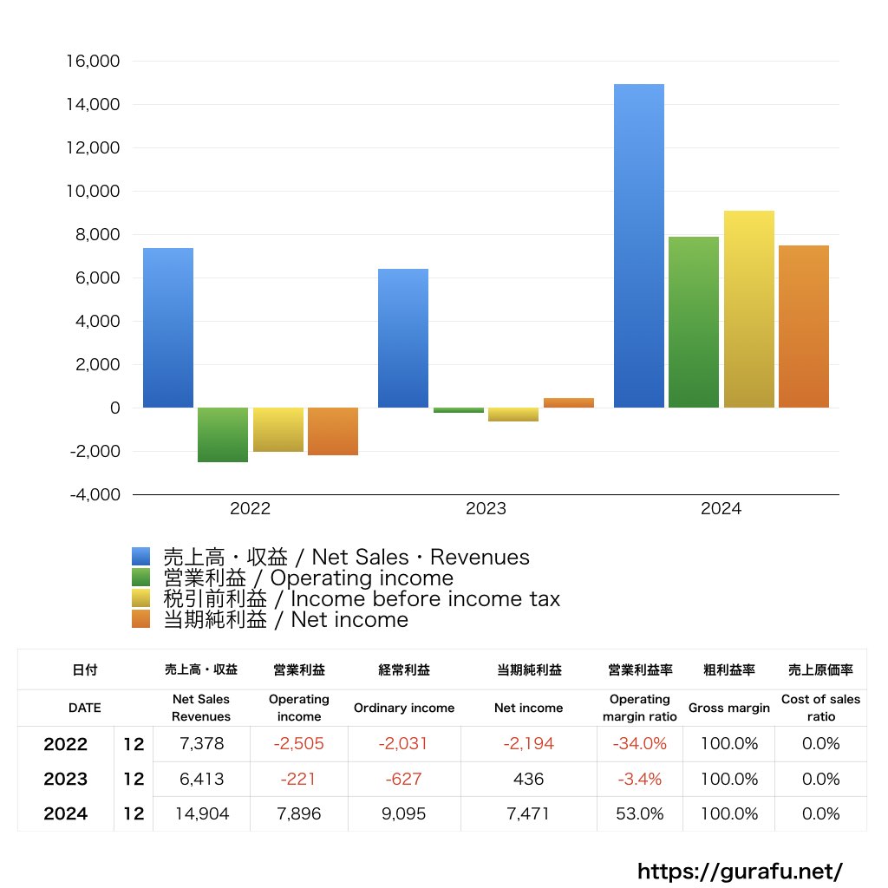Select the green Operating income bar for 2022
point(223,434)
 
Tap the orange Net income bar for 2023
point(569,402)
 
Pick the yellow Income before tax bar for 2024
point(748,309)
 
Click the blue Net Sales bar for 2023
point(403,338)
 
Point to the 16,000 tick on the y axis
point(93,62)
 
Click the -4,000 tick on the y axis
point(93,495)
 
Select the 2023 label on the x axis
point(486,509)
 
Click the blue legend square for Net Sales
point(141,557)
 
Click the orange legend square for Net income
point(141,620)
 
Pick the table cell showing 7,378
point(201,744)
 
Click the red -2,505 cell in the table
point(298,744)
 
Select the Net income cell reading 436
point(528,779)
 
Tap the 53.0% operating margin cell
point(640,813)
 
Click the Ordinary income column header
point(403,708)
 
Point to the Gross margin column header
point(728,708)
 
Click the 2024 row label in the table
point(66,813)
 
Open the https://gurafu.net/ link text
point(740,871)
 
